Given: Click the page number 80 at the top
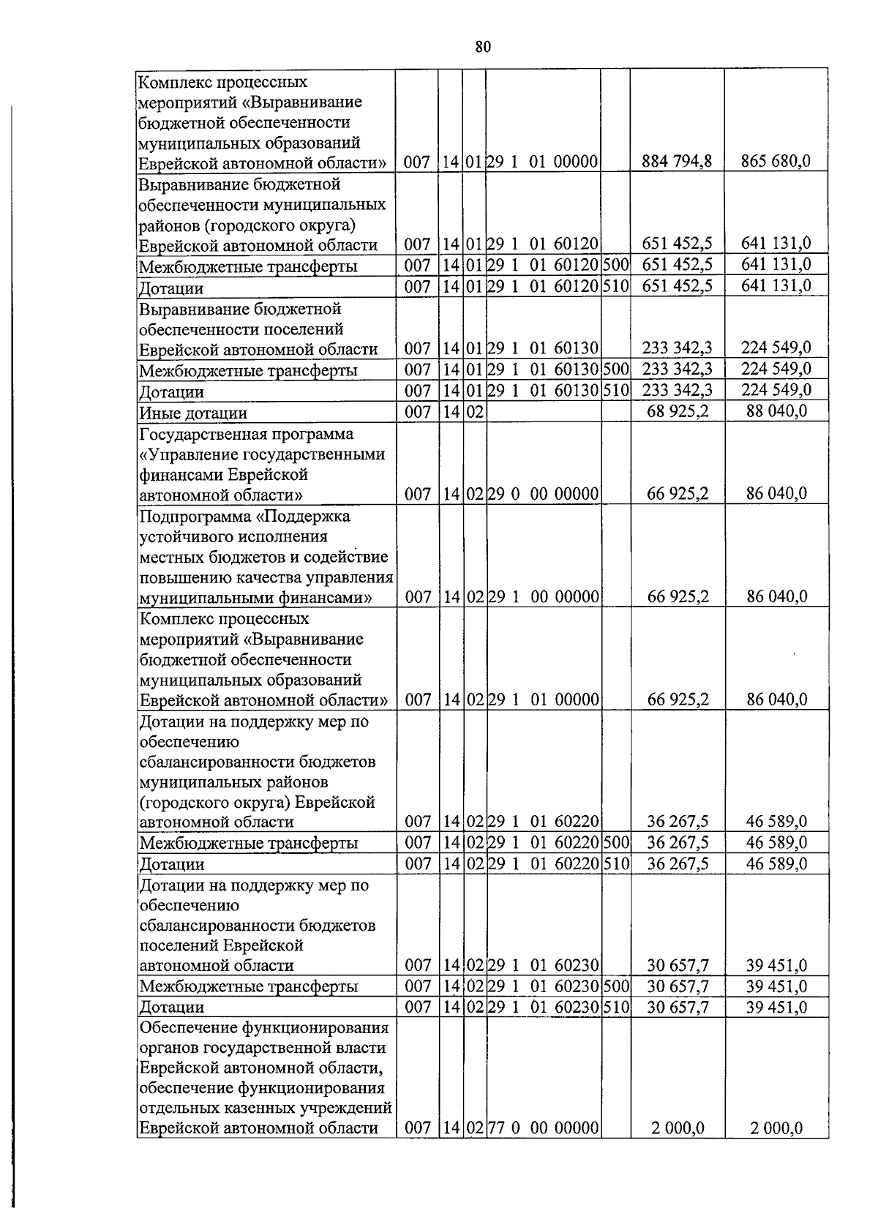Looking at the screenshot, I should point(482,47).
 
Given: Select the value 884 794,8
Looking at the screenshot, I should point(677,162).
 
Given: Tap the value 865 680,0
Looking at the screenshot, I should point(776,162).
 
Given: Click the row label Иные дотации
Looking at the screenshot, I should point(193,413).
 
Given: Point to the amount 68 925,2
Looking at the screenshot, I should point(678,411).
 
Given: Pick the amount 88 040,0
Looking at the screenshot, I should point(776,411).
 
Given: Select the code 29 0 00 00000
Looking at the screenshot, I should point(544,494).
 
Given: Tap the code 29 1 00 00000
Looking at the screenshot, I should point(544,597).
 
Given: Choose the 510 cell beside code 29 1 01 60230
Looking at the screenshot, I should point(615,1008).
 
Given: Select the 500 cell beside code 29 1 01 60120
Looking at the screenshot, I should point(615,265).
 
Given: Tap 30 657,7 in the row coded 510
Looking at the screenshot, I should point(678,1008).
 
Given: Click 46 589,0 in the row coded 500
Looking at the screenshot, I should point(776,843).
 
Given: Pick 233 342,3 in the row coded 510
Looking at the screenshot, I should point(677,390).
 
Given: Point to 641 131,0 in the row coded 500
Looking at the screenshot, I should point(776,265).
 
